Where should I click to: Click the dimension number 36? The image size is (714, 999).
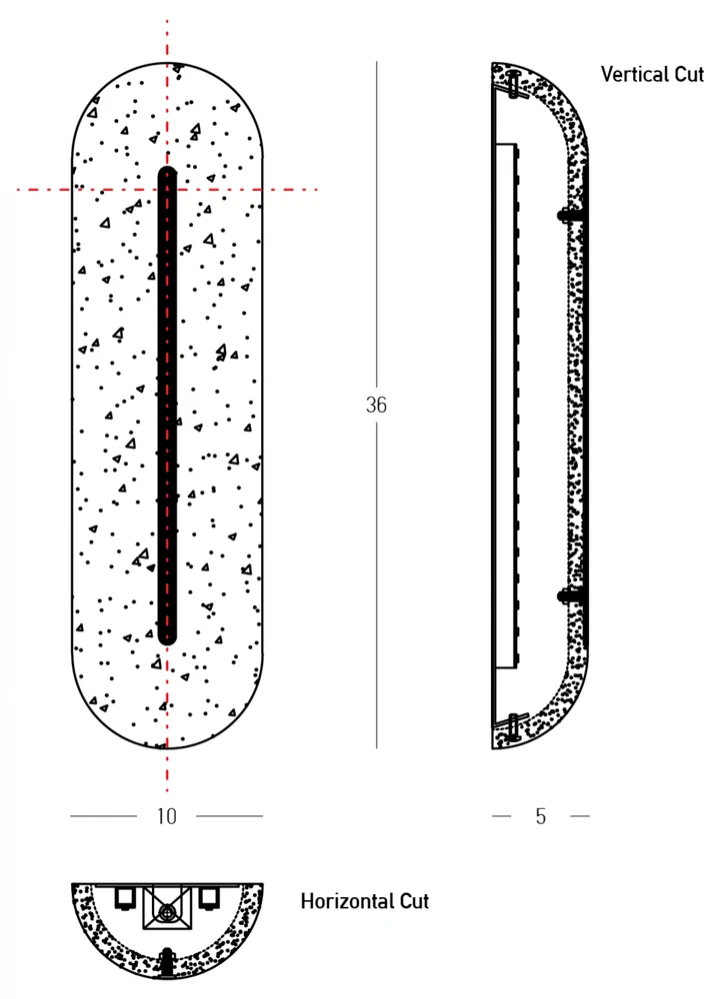click(376, 405)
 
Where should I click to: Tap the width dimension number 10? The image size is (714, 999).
click(166, 816)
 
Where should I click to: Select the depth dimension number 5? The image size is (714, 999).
click(541, 816)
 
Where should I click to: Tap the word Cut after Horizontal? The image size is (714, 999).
click(414, 901)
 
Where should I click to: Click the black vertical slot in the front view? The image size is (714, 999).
click(167, 406)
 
